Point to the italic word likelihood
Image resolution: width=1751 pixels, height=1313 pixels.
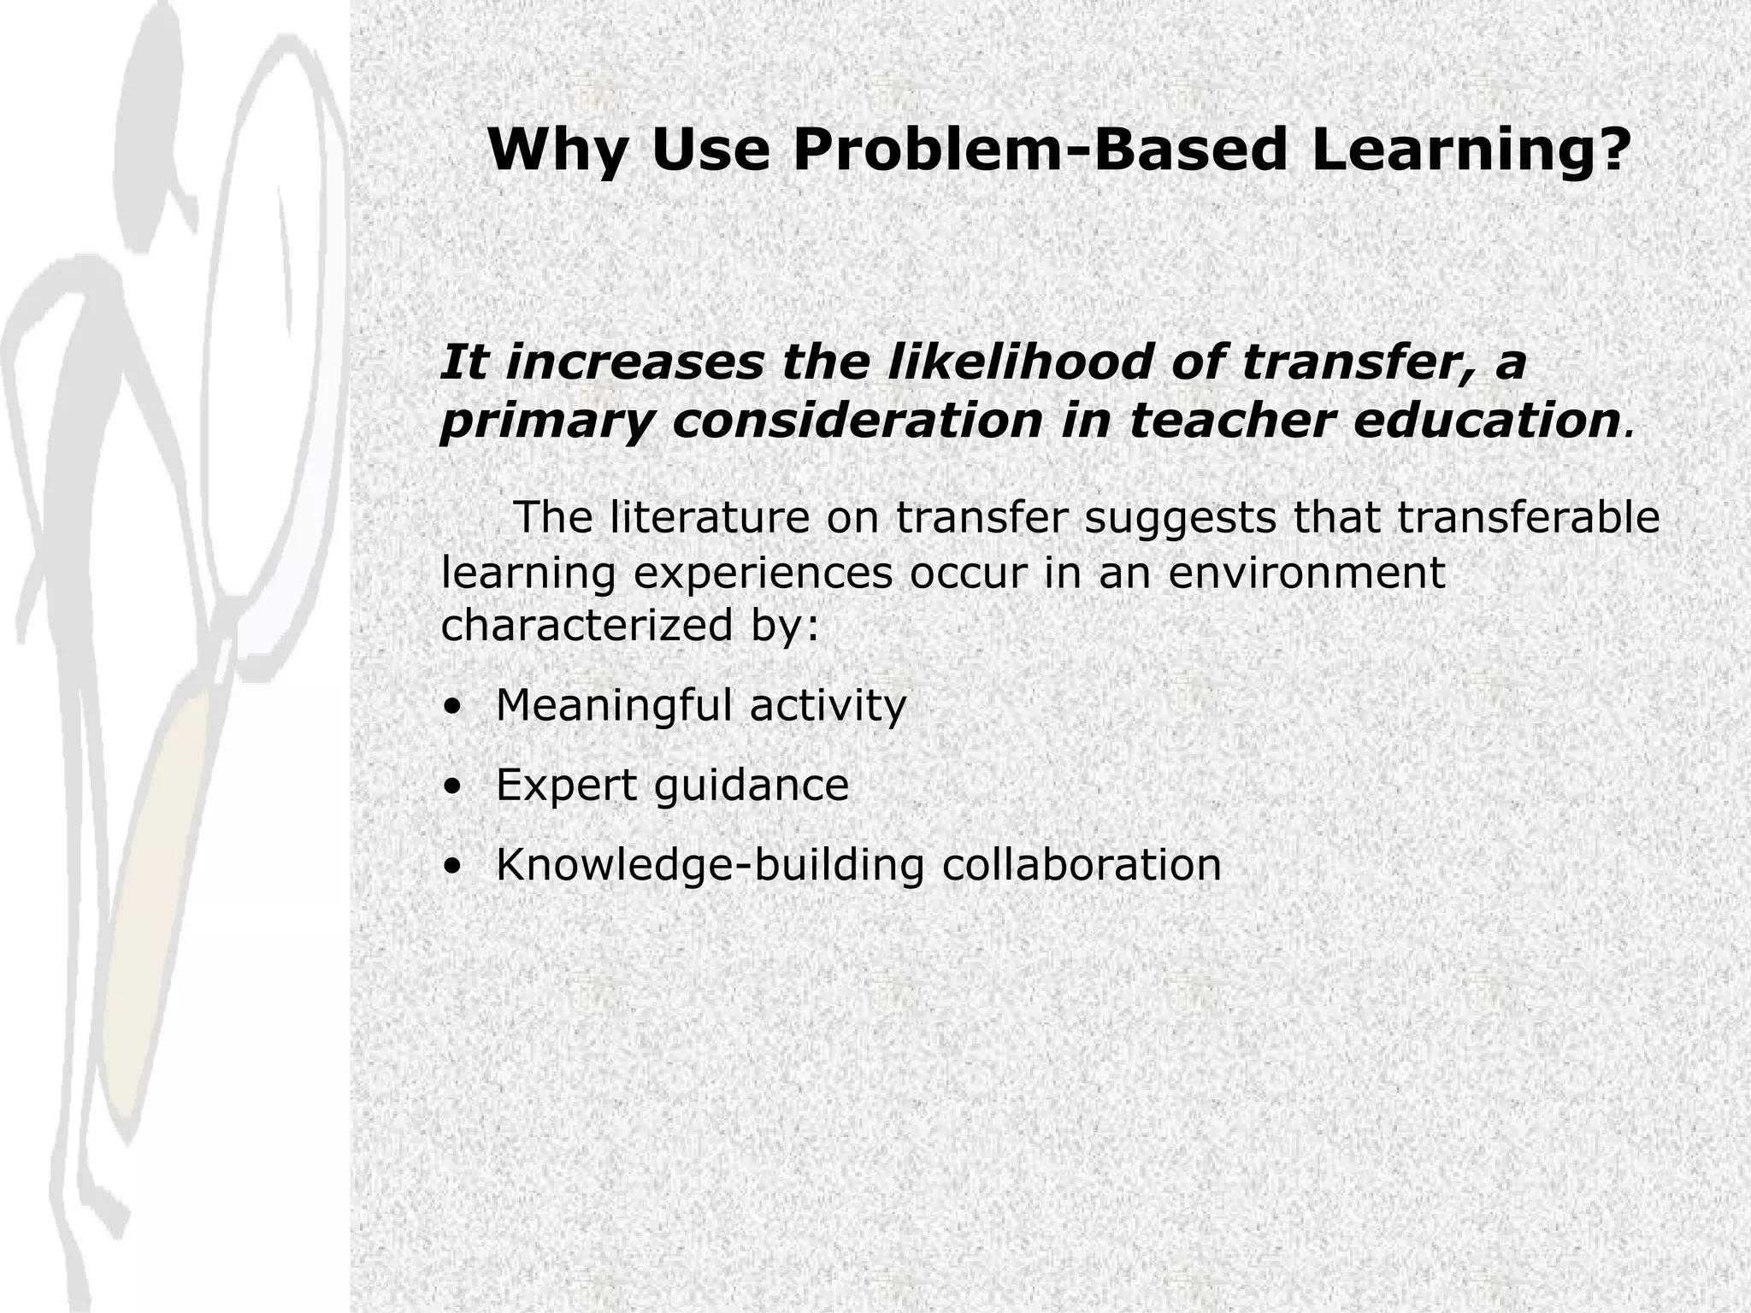[1017, 362]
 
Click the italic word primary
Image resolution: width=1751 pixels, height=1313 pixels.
[546, 421]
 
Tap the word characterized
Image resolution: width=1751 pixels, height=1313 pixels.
[587, 625]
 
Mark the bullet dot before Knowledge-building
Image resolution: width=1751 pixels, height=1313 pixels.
[452, 866]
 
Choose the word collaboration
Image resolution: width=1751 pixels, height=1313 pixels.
[1082, 864]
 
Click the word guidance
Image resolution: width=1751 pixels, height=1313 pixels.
[752, 786]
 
